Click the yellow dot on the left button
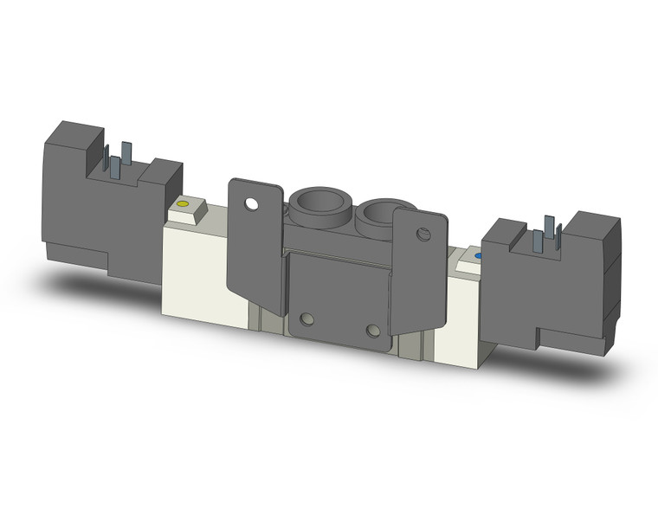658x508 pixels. [x=182, y=204]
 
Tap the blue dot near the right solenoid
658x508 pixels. [x=476, y=257]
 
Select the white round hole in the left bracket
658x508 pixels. [x=251, y=205]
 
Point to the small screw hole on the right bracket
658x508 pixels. [x=423, y=234]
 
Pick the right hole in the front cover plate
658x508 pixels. [x=372, y=331]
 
